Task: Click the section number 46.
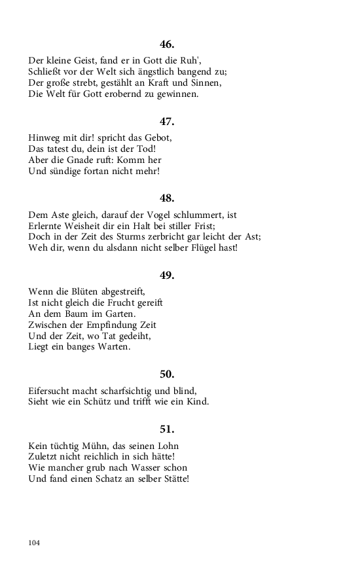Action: coord(167,45)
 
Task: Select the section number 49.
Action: coord(167,275)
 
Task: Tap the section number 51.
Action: coord(167,429)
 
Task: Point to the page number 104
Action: coord(35,543)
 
